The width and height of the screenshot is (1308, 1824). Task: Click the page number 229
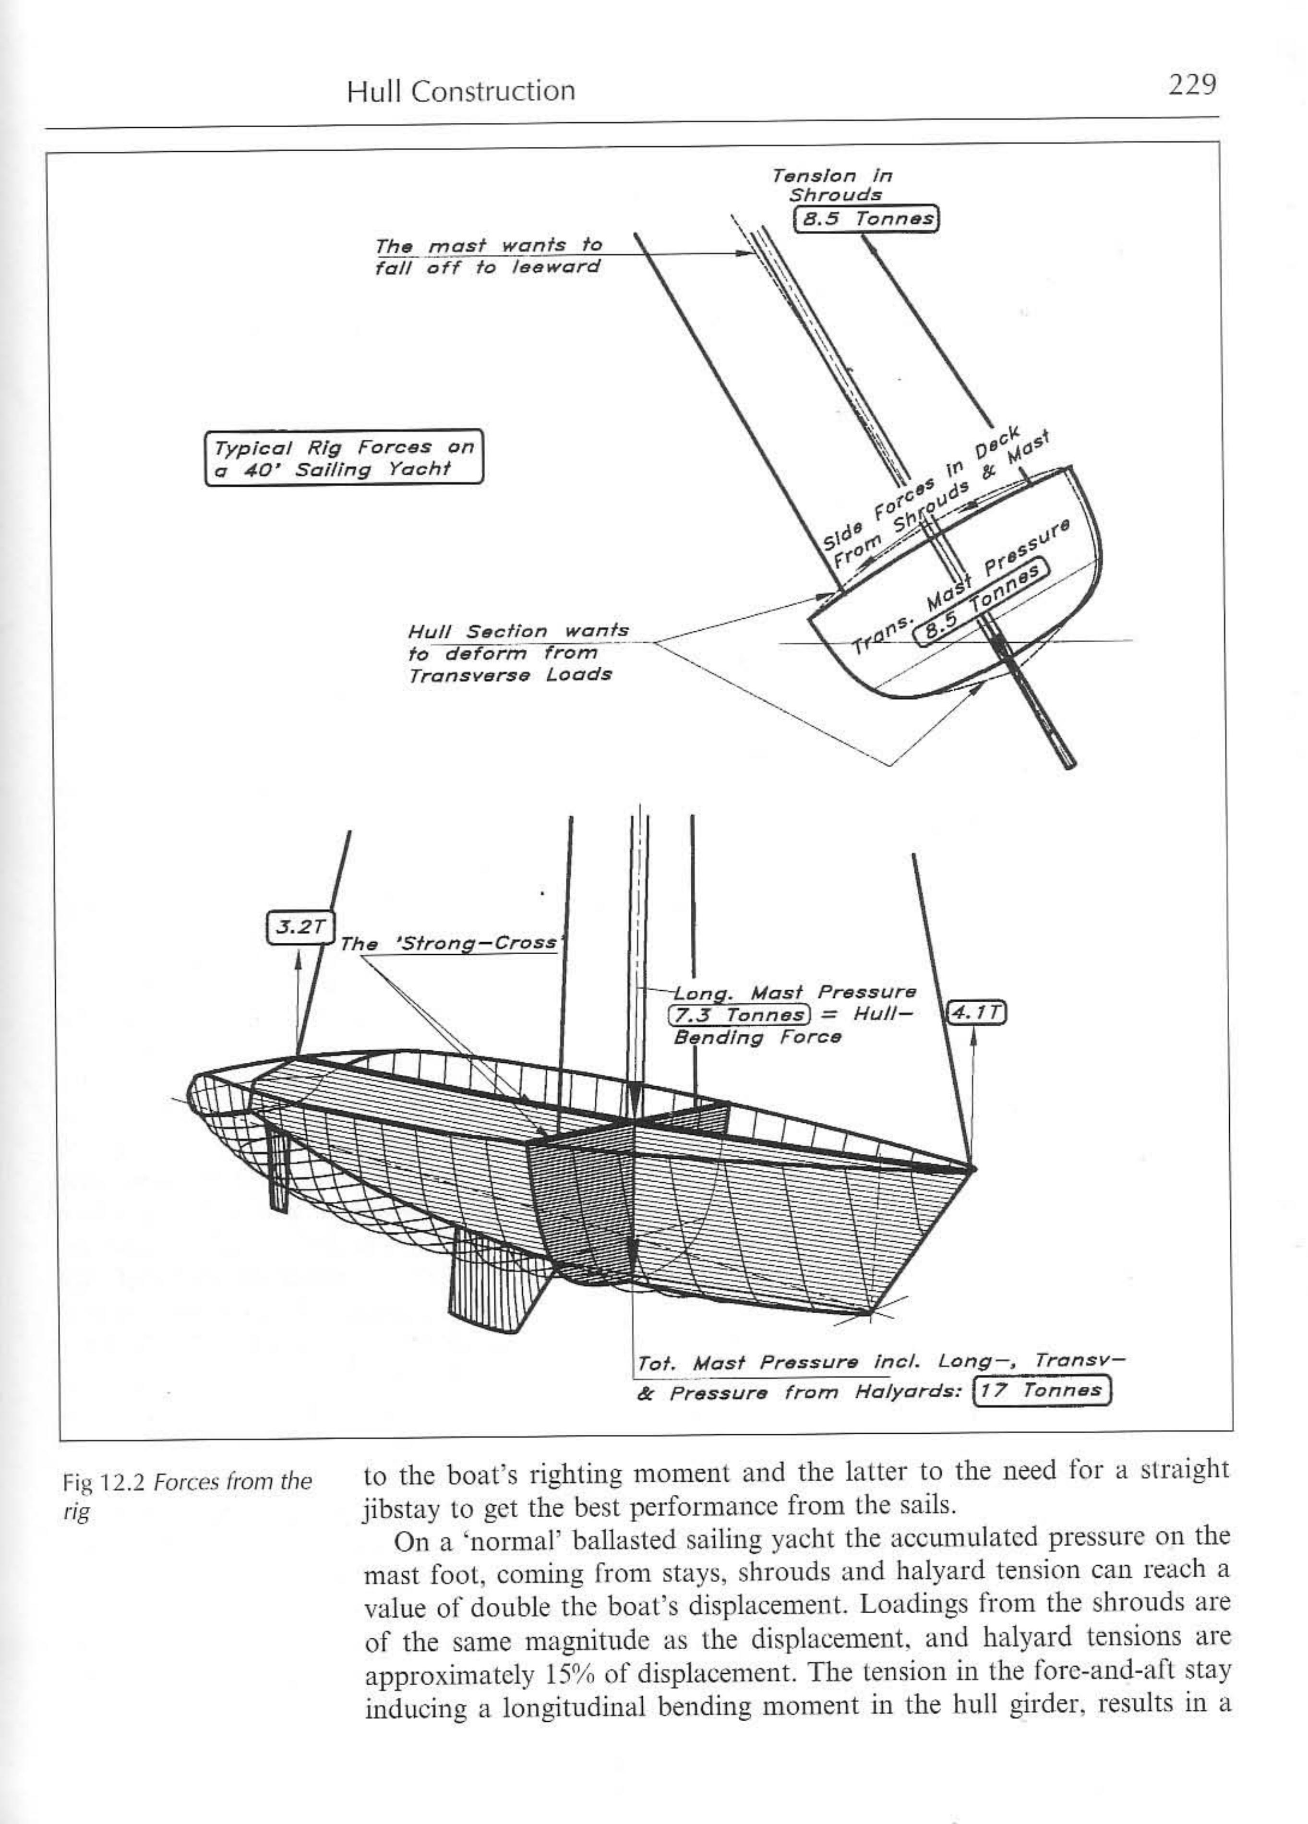tap(1192, 85)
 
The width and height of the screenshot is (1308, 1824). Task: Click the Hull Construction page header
tap(461, 91)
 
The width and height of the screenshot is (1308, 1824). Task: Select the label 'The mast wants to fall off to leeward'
tap(488, 256)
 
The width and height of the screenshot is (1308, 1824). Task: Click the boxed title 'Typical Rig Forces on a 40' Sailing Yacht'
tap(344, 457)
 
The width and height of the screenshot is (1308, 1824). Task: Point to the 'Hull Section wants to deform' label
tap(517, 652)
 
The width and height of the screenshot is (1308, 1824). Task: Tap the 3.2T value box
tap(299, 927)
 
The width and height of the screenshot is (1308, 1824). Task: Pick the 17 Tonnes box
tap(1042, 1390)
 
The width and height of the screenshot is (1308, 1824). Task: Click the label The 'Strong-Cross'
tap(448, 943)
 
